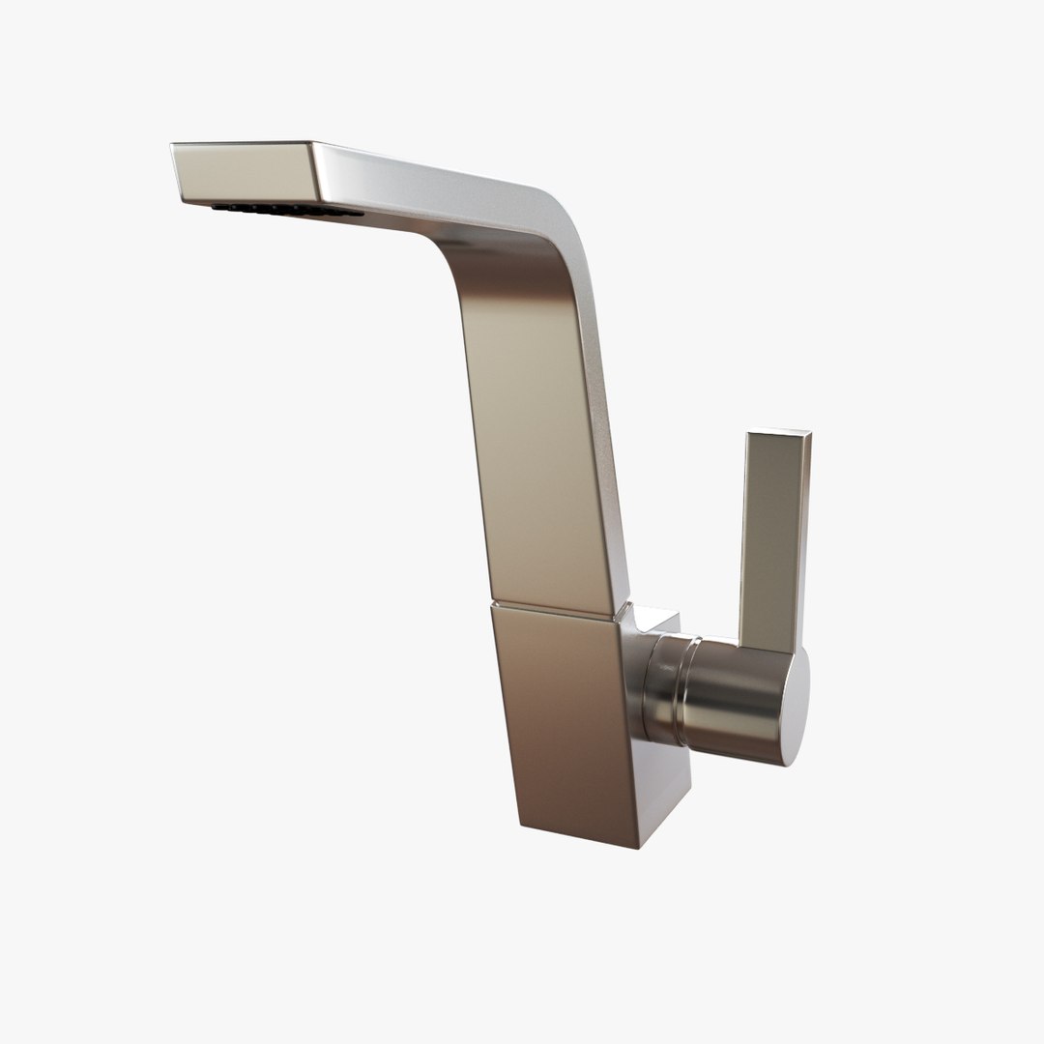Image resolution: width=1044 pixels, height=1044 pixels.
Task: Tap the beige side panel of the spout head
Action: click(x=242, y=174)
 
